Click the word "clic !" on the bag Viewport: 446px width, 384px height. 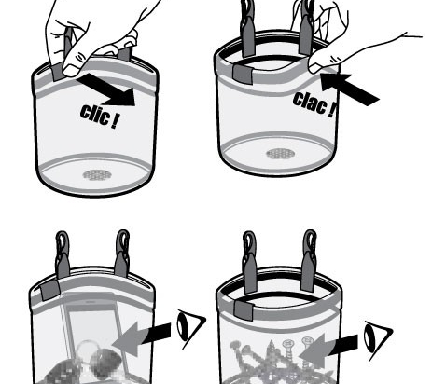(x=100, y=116)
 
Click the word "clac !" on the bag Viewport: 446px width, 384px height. (x=314, y=104)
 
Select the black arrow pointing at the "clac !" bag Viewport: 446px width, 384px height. (x=349, y=89)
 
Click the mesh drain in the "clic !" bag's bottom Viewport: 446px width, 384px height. (x=97, y=175)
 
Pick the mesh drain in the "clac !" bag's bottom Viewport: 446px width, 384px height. (x=281, y=153)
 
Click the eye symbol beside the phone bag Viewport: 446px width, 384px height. (x=190, y=328)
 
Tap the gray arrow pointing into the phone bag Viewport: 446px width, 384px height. (x=142, y=338)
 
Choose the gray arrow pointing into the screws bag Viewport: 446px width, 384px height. (x=328, y=350)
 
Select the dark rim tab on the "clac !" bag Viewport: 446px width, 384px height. (x=244, y=75)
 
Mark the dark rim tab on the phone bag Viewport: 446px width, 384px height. (x=50, y=290)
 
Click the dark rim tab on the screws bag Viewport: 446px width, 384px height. (x=244, y=310)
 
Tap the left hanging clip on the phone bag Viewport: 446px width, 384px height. (x=63, y=254)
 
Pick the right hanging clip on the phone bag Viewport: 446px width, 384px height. (x=122, y=254)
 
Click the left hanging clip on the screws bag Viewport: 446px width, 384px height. (x=250, y=263)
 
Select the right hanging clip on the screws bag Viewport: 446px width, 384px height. (x=309, y=261)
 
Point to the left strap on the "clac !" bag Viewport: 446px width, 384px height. (x=248, y=28)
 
